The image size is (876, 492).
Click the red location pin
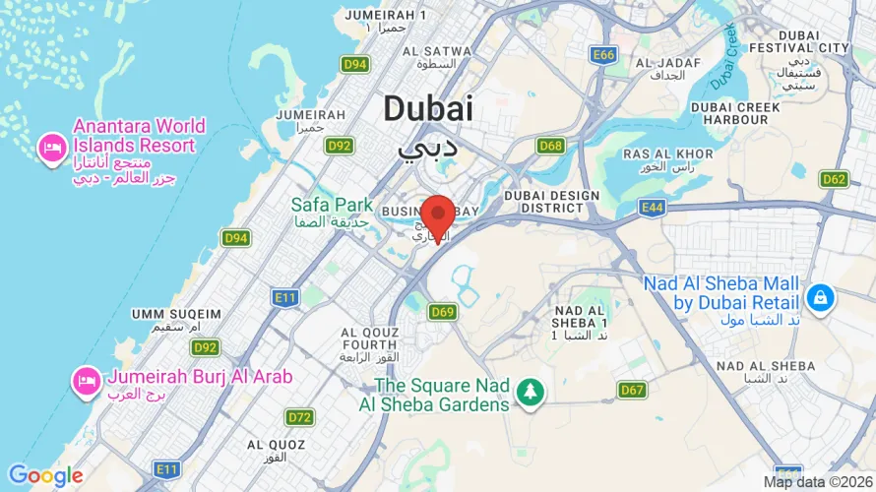click(438, 215)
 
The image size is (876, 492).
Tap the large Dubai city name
click(428, 108)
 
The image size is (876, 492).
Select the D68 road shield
click(551, 146)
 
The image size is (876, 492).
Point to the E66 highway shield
click(603, 55)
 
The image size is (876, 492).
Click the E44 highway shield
click(651, 207)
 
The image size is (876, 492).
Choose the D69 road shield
click(442, 312)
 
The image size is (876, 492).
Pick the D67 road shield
click(633, 391)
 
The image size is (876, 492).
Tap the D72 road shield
click(300, 417)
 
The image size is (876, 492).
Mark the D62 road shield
click(834, 179)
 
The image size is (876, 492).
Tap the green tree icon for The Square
click(532, 391)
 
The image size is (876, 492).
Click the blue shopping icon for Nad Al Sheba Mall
click(819, 296)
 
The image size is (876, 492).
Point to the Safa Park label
click(332, 205)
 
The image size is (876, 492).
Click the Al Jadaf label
click(668, 63)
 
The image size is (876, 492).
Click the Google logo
click(45, 476)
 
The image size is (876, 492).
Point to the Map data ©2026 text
click(816, 481)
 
